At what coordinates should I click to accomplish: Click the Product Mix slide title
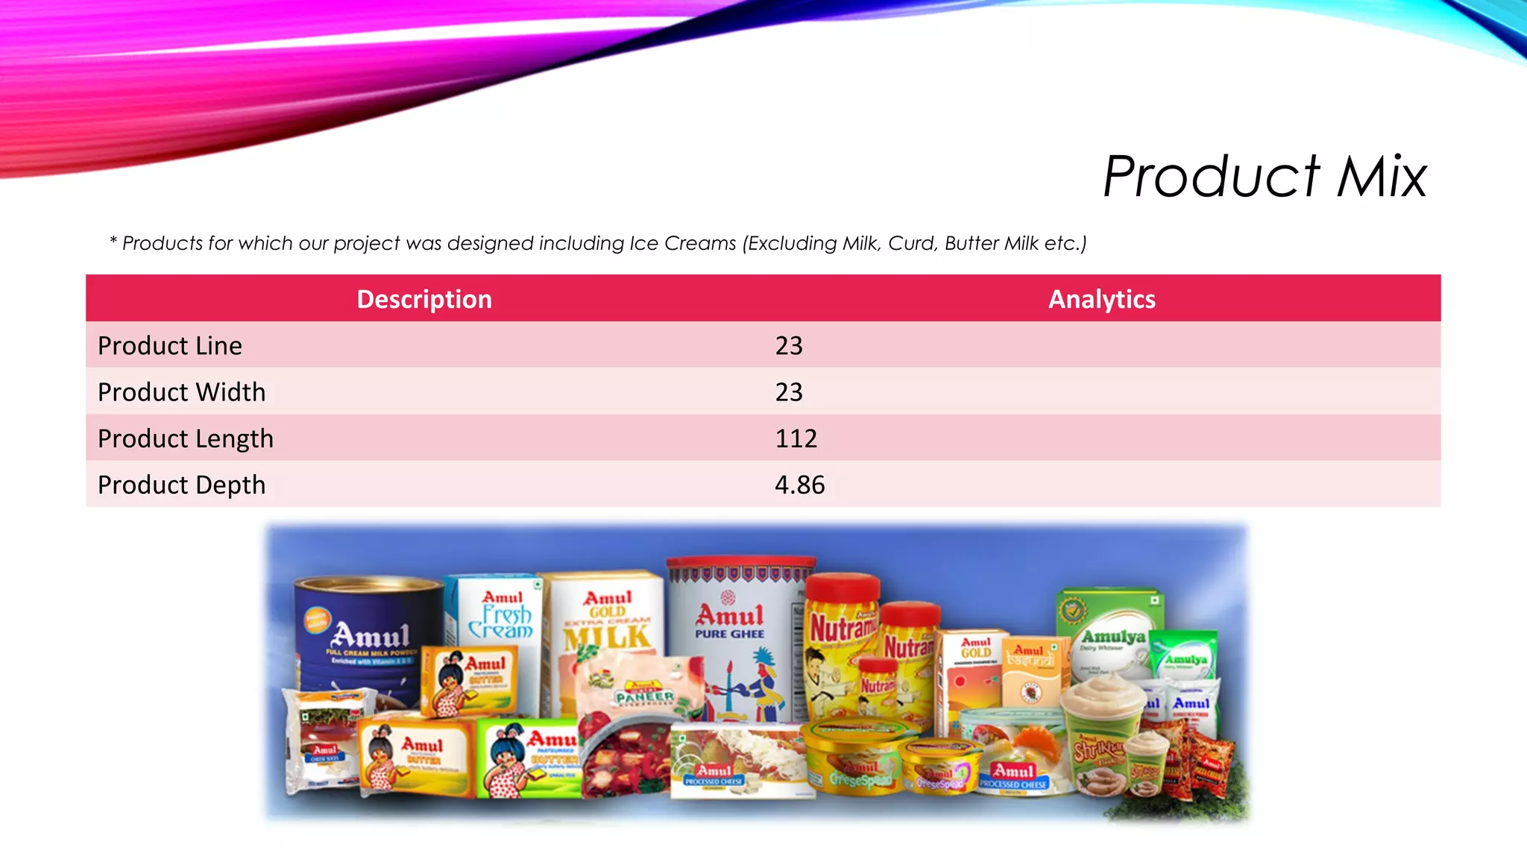point(1265,177)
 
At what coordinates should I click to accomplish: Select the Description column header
point(424,299)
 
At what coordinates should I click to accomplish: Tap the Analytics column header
point(1101,299)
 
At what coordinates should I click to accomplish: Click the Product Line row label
point(170,346)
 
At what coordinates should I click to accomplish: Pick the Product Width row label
point(181,392)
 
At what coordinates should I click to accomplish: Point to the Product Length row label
point(186,438)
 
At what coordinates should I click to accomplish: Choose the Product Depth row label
point(181,485)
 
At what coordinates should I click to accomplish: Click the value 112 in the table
point(796,438)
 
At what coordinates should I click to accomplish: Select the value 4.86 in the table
point(799,485)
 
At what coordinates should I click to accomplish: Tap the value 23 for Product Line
point(789,346)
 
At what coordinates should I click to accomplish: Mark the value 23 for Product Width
point(789,392)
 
